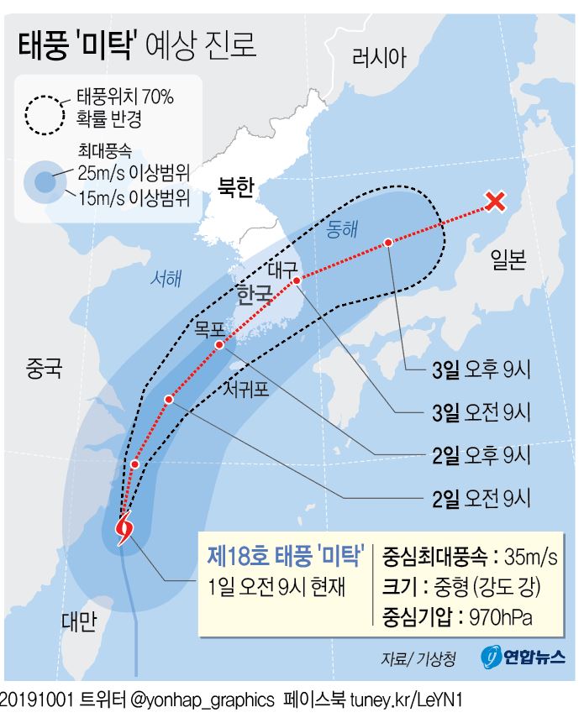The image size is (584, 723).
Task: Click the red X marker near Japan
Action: click(x=496, y=202)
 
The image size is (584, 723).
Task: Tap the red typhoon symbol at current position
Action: click(x=124, y=530)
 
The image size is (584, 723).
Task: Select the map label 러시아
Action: click(x=379, y=58)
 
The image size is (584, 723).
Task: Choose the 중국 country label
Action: click(x=44, y=369)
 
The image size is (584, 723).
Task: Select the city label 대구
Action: click(x=282, y=270)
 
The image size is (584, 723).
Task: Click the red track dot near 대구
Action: click(x=297, y=281)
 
